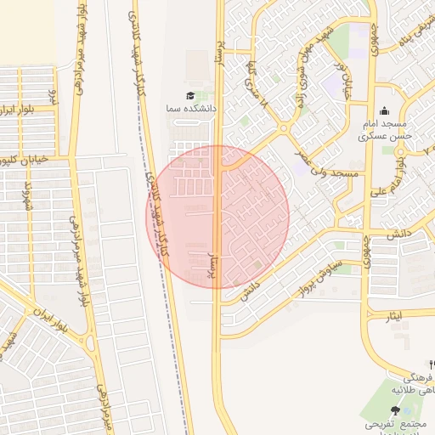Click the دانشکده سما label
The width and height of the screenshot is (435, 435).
(195, 110)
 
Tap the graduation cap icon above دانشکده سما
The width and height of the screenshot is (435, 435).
(190, 96)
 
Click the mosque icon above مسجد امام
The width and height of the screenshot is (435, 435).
(384, 110)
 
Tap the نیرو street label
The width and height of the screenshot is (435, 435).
(53, 94)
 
